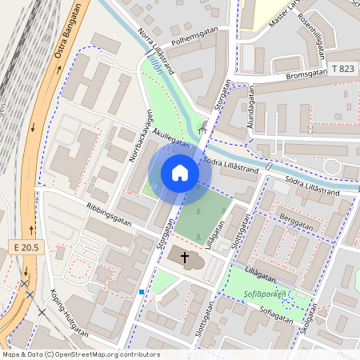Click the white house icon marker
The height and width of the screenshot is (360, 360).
180,173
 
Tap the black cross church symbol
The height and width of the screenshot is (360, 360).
185,258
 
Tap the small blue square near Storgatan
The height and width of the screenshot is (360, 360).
142,292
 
